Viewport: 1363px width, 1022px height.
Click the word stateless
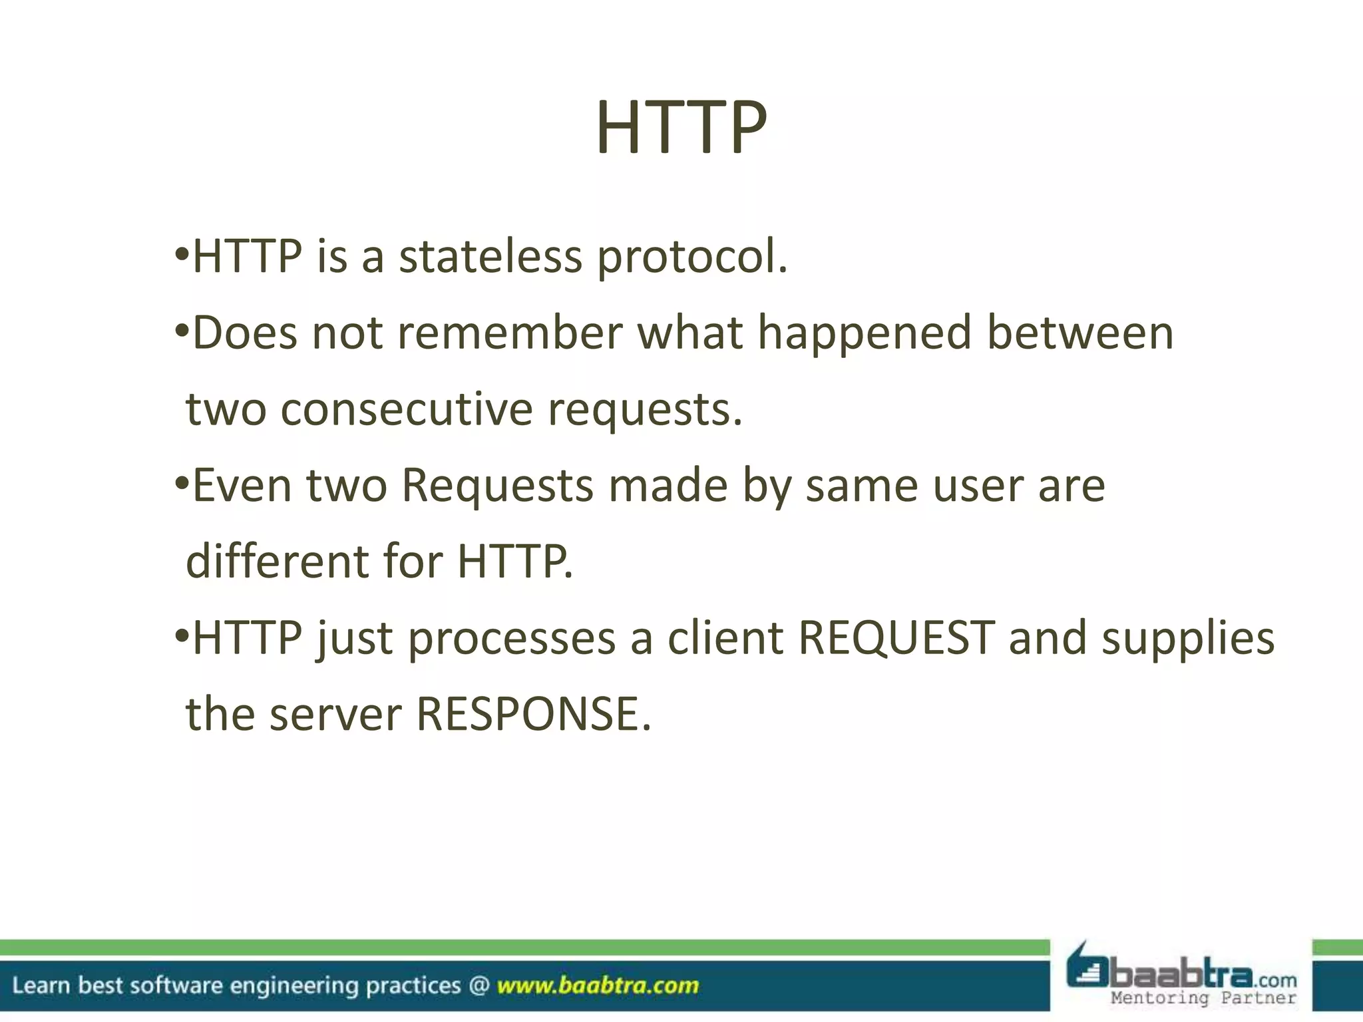pos(490,257)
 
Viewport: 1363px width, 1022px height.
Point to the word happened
pos(865,334)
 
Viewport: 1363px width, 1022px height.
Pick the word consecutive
pos(406,409)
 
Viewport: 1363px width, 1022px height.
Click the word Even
pos(242,485)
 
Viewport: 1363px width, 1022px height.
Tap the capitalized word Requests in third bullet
pos(497,486)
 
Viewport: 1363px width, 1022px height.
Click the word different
pos(277,561)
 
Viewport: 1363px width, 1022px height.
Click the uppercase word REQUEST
pos(896,637)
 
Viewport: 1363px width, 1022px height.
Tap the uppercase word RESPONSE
pos(533,714)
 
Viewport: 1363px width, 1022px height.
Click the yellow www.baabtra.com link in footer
pos(598,985)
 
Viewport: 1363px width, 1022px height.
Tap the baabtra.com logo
pos(1181,968)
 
